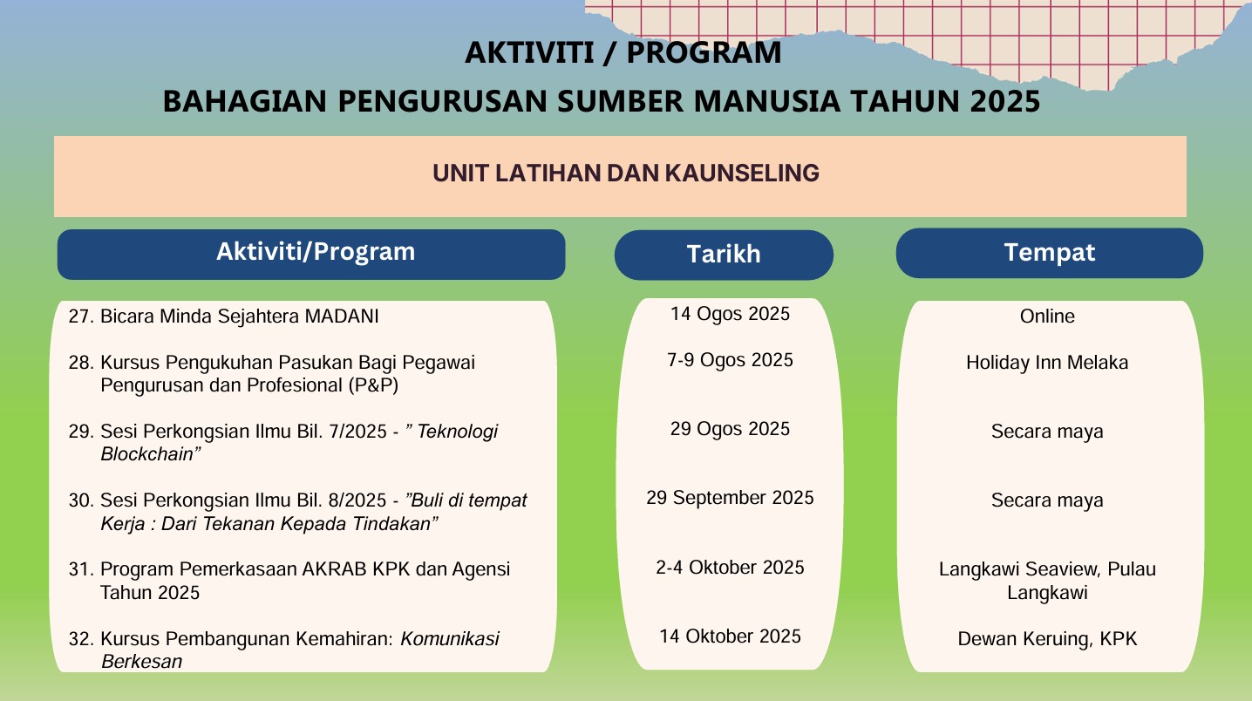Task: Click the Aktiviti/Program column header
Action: (316, 252)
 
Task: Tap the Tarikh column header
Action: (724, 255)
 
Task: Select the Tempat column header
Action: (1050, 253)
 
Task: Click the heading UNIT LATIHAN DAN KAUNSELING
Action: (626, 174)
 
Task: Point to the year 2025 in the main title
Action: (1005, 101)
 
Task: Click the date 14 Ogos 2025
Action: (730, 314)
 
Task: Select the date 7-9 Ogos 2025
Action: (730, 360)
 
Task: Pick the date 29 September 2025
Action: (730, 498)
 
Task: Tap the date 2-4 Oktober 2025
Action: (730, 568)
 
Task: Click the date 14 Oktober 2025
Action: (730, 636)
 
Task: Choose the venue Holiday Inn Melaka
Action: (1047, 363)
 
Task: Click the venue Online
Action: (1047, 316)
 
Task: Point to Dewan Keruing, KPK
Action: (1047, 639)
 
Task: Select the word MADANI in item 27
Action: (342, 316)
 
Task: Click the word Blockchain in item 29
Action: (147, 454)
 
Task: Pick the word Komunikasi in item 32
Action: (450, 639)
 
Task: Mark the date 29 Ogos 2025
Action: (730, 429)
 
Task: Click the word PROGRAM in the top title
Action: (704, 53)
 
